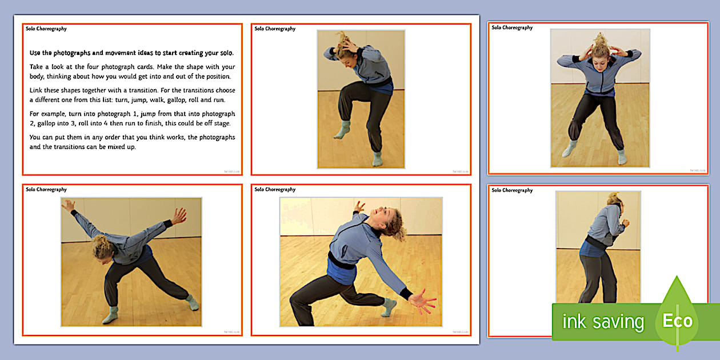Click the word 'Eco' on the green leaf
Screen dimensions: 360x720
[x=678, y=321]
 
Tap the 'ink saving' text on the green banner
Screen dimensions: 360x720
[x=602, y=322]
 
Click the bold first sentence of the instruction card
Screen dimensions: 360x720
[x=131, y=53]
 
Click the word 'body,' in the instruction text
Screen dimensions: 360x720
[x=37, y=76]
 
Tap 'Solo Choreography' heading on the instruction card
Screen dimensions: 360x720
[x=46, y=29]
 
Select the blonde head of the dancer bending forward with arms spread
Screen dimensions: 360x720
[x=102, y=247]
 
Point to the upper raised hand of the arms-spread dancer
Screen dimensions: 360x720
[x=179, y=215]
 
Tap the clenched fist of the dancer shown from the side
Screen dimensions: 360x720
[x=625, y=223]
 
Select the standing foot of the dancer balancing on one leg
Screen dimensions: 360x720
[x=377, y=159]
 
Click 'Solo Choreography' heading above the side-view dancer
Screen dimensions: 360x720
[x=512, y=190]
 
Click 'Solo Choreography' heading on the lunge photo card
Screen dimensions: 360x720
[x=275, y=190]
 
